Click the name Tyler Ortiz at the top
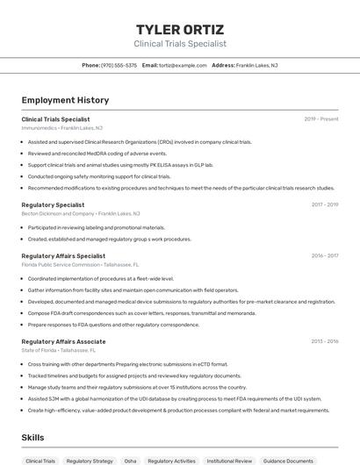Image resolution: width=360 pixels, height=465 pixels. [x=180, y=29]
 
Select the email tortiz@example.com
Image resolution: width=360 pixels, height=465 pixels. [x=176, y=65]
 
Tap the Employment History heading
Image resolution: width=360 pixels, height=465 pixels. [x=65, y=100]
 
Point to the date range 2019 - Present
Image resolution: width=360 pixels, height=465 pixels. [x=321, y=118]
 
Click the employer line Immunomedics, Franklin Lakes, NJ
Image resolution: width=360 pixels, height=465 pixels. [x=61, y=128]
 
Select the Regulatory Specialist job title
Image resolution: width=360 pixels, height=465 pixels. [x=53, y=204]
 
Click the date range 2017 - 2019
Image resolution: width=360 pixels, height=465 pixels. [x=324, y=204]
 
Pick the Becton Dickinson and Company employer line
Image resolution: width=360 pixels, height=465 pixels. [x=80, y=213]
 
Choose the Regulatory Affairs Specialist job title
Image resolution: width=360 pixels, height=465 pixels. [x=63, y=256]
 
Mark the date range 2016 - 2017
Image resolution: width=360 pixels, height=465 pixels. [x=324, y=256]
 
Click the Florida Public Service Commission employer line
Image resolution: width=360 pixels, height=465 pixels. [x=80, y=264]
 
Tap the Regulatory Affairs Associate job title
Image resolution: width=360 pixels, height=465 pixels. [x=63, y=340]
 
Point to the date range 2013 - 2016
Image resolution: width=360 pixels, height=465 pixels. [x=324, y=340]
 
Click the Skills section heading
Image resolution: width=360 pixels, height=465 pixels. [x=33, y=437]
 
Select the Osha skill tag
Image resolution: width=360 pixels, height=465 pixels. [x=130, y=461]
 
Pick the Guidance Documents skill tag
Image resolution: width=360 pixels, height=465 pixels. [x=288, y=461]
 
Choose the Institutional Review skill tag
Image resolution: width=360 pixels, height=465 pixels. [x=229, y=461]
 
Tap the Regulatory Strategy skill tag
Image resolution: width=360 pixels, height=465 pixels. [x=90, y=461]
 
